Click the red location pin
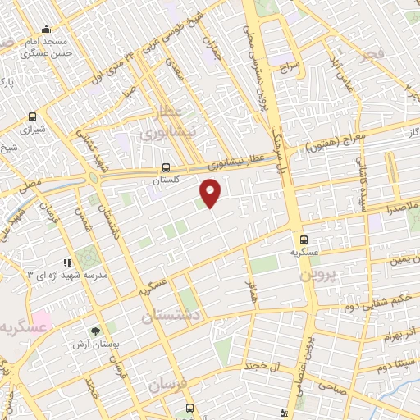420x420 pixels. (211, 194)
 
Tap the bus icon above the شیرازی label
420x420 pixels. (32, 116)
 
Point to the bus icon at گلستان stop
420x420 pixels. (167, 164)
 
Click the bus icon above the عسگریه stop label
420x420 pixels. (304, 240)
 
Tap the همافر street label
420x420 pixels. (250, 291)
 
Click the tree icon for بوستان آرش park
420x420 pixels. (96, 331)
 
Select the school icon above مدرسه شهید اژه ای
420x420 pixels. (68, 262)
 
